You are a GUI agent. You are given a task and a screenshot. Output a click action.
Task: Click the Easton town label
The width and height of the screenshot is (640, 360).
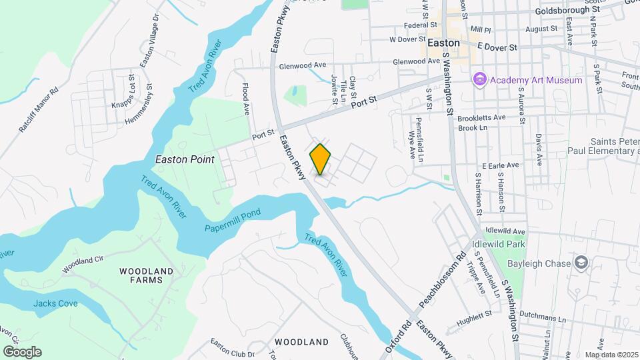[x=443, y=42]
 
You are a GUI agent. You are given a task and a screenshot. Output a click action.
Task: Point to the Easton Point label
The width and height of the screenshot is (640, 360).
[x=185, y=159]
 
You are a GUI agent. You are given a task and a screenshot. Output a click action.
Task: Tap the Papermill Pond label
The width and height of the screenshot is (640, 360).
[x=232, y=213]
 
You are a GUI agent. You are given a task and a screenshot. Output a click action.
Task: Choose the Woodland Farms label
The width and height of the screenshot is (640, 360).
[x=146, y=275]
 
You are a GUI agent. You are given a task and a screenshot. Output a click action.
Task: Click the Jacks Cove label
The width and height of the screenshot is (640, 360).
[x=55, y=303]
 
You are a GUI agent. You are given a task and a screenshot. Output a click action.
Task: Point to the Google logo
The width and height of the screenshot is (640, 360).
[x=22, y=352]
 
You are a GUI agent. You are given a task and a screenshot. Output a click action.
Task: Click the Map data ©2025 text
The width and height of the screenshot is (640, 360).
[x=611, y=355]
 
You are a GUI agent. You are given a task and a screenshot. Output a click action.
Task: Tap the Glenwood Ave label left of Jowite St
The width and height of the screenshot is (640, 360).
[x=303, y=65]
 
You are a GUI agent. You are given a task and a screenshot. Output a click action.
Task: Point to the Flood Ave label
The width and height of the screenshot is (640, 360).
[x=245, y=97]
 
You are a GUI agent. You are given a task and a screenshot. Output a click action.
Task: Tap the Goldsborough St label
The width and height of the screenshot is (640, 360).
[x=567, y=11]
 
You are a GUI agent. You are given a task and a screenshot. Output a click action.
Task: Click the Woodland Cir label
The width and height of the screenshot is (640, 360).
[x=84, y=264]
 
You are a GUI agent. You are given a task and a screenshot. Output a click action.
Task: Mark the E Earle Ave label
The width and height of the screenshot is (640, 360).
[x=496, y=165]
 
